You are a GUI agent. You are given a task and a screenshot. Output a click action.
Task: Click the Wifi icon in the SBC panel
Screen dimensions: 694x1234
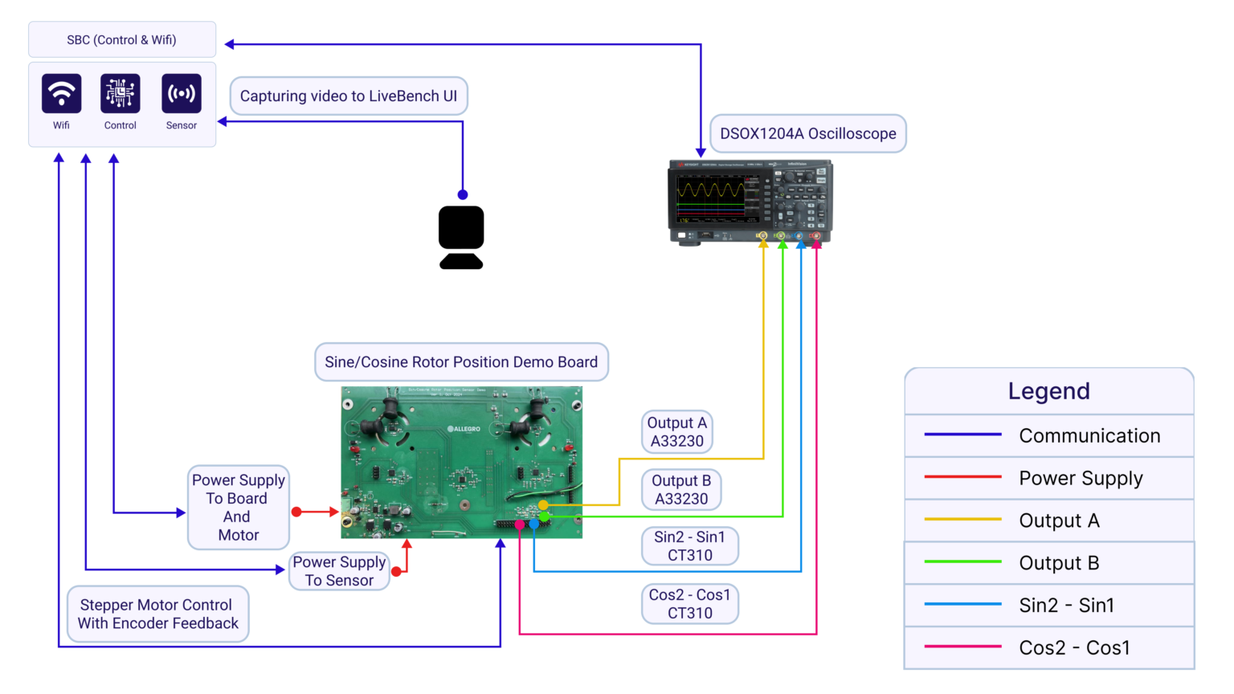(61, 94)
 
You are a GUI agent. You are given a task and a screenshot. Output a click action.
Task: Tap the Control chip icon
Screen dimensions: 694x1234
(121, 94)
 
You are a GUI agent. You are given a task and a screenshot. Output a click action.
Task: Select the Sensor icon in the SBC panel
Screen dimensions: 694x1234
(182, 94)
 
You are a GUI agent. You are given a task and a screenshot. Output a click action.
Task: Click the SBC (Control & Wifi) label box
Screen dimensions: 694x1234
(122, 39)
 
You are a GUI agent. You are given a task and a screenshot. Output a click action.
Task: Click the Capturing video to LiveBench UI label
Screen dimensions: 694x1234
(349, 96)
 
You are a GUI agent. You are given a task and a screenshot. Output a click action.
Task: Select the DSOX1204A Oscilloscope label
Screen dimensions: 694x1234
(808, 133)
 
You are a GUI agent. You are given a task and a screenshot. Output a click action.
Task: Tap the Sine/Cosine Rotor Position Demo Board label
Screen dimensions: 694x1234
(461, 362)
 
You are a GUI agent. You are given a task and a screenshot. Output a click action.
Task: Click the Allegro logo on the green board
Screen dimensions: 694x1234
(464, 429)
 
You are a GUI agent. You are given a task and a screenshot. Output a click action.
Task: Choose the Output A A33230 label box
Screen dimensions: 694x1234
(677, 432)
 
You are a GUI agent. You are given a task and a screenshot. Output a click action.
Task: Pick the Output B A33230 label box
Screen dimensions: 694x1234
(681, 490)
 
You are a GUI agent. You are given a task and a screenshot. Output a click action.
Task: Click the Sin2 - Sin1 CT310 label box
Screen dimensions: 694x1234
(689, 546)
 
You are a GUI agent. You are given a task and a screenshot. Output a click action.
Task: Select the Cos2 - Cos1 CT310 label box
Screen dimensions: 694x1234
(689, 604)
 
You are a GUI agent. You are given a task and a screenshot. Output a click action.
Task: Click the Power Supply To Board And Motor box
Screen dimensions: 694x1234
(239, 508)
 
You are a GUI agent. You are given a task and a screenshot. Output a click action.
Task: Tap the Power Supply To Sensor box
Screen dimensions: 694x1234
(339, 571)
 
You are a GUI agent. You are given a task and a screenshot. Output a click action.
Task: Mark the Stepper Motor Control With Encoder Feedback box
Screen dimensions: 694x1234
(158, 614)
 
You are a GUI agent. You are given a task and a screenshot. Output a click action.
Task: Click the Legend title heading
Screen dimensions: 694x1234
(1048, 391)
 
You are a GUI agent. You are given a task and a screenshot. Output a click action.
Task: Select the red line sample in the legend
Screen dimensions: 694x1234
(962, 477)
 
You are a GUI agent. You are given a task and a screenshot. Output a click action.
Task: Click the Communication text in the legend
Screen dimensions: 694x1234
(1089, 435)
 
